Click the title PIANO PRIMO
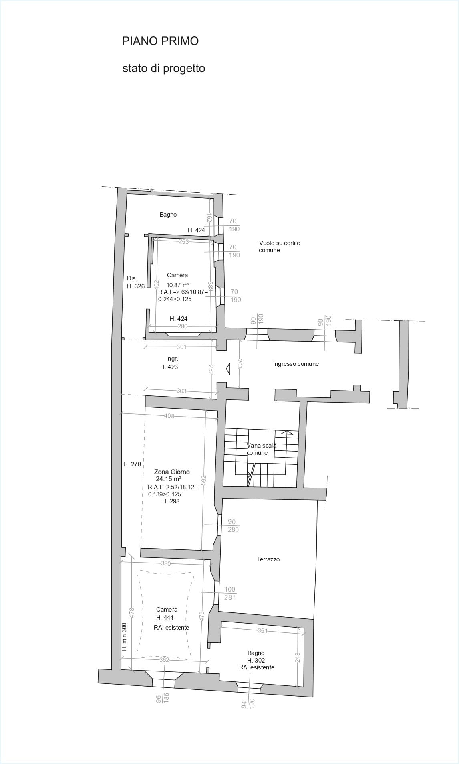[160, 41]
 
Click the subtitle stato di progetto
[163, 68]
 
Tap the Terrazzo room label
[268, 559]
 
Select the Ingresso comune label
[296, 364]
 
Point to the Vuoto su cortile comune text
[279, 246]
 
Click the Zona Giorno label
[172, 472]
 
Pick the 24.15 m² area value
[168, 479]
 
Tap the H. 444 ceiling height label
[165, 617]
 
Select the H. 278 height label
[132, 464]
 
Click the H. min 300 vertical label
[124, 637]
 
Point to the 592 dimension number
[203, 480]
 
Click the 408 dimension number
[169, 416]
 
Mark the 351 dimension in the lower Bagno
[262, 631]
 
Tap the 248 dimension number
[298, 657]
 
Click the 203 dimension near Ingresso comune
[240, 364]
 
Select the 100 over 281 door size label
[230, 593]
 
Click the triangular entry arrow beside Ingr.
[228, 368]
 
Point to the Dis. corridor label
[132, 278]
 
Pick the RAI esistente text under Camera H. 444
[171, 627]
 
